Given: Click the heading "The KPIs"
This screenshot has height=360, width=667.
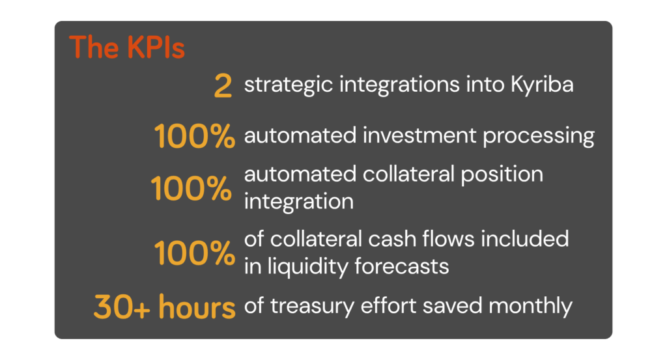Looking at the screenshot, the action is coord(127,46).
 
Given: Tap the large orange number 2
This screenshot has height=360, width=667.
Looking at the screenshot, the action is coord(223,86).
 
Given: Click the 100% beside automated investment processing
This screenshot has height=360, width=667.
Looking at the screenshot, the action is coord(194,136).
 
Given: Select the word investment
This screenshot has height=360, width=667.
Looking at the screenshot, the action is coord(419,136).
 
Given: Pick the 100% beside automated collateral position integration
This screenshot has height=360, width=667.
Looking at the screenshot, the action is coord(192,188).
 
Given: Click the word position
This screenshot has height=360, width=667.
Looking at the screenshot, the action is coord(502,174).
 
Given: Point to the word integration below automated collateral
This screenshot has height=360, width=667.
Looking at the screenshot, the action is coord(298,202).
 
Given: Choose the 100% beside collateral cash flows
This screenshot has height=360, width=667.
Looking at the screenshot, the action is coord(194,253).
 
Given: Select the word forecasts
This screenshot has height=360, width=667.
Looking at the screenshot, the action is coord(401,266).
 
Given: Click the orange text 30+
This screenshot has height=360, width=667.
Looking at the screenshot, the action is coord(122,307).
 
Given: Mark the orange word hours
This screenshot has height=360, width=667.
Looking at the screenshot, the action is coord(197,307).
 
